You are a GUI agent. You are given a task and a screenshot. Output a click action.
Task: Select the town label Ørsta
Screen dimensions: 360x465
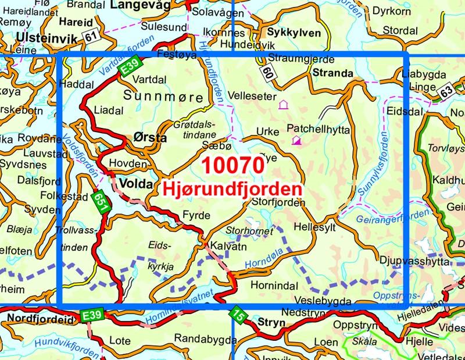coord(151,138)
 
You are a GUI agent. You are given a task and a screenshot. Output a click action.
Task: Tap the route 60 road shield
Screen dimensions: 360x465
coord(267,72)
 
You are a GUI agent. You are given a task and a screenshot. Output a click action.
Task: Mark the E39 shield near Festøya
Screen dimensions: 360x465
coord(129,69)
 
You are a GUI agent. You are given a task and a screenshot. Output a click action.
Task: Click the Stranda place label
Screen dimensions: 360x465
coord(332,73)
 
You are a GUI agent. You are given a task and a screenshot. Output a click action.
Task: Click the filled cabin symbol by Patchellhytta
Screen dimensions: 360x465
coord(296,140)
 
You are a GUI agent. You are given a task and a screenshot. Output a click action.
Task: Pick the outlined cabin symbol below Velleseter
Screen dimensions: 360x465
coord(283,105)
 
